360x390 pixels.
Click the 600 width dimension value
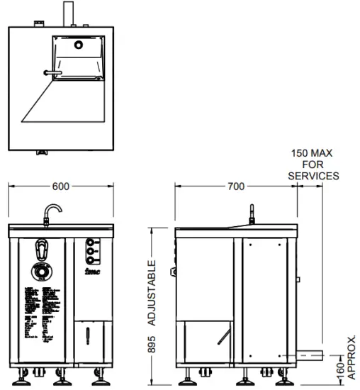pyautogui.click(x=61, y=186)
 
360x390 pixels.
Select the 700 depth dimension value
pyautogui.click(x=235, y=186)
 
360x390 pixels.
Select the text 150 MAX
pyautogui.click(x=312, y=153)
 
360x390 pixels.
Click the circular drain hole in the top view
pyautogui.click(x=79, y=44)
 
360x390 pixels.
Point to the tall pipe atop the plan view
pyautogui.click(x=69, y=14)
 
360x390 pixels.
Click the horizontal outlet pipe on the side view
pyautogui.click(x=309, y=353)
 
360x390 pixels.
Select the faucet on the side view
pyautogui.click(x=252, y=214)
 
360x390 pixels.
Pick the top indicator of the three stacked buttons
pyautogui.click(x=90, y=242)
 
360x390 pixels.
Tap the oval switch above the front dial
pyautogui.click(x=43, y=249)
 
